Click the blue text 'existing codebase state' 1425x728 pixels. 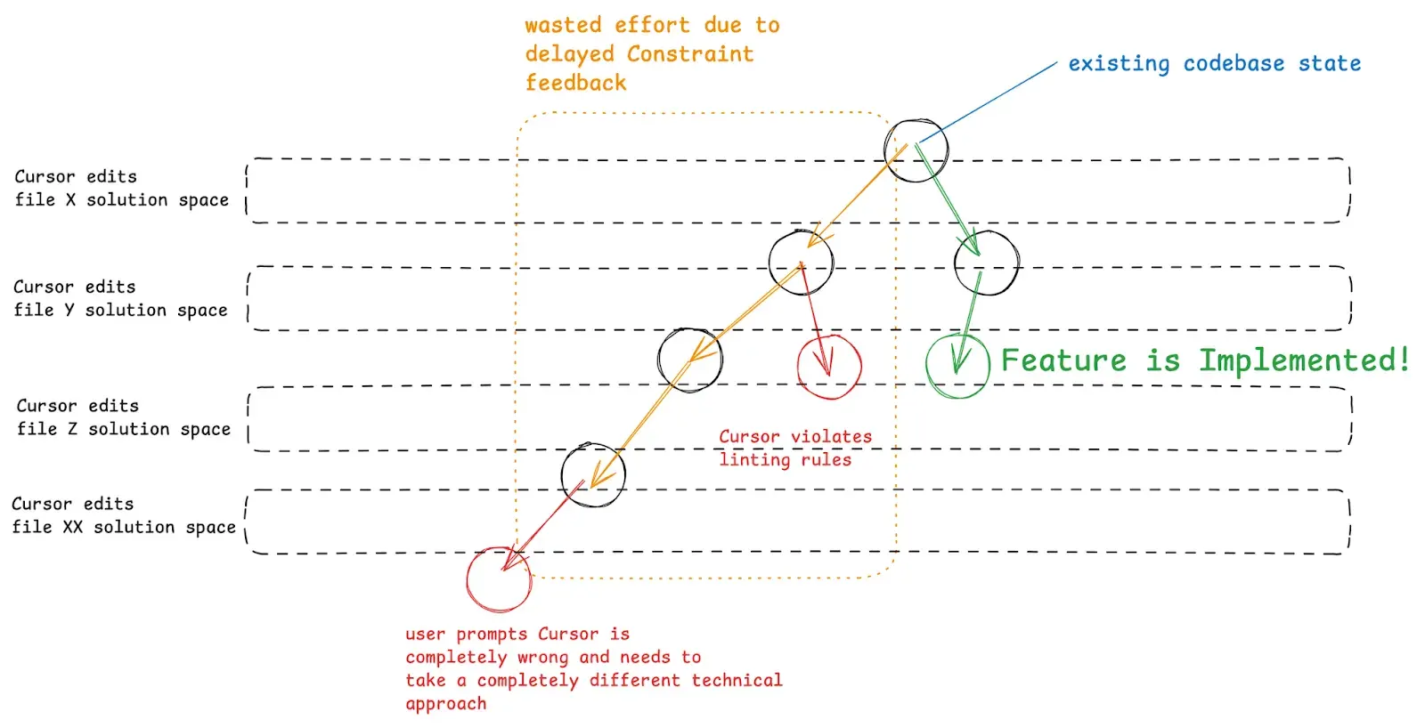click(1215, 64)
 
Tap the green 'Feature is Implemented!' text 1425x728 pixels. click(1205, 360)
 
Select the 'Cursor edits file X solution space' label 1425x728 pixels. click(121, 189)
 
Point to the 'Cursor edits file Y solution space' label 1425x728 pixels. click(120, 299)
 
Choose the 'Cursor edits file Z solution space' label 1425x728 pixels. click(123, 417)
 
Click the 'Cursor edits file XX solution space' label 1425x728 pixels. click(124, 515)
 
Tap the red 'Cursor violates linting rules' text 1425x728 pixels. click(795, 449)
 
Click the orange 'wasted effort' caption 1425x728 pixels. click(652, 54)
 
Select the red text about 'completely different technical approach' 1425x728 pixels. click(594, 669)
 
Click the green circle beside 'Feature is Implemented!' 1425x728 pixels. click(957, 366)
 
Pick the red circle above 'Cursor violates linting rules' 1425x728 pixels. click(829, 366)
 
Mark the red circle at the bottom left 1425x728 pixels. click(499, 579)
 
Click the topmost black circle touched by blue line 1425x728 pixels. click(916, 150)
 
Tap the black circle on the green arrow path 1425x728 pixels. click(986, 263)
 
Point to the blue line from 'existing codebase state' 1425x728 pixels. click(988, 102)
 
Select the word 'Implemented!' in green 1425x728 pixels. click(1304, 360)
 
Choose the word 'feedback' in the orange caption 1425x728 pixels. click(575, 83)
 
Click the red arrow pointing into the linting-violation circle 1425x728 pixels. click(816, 319)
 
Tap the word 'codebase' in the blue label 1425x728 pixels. click(1234, 64)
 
